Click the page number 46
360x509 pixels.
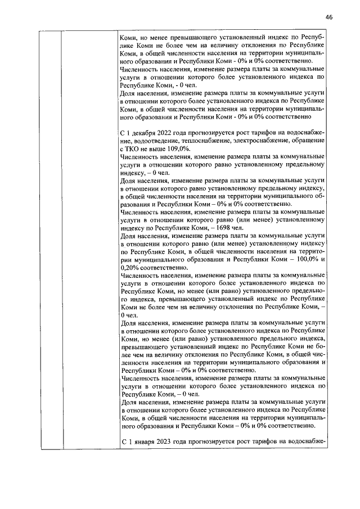[329, 17]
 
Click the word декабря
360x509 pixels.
[142, 132]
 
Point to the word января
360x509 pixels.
[141, 442]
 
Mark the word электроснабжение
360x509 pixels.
[262, 140]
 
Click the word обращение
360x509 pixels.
[308, 140]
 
